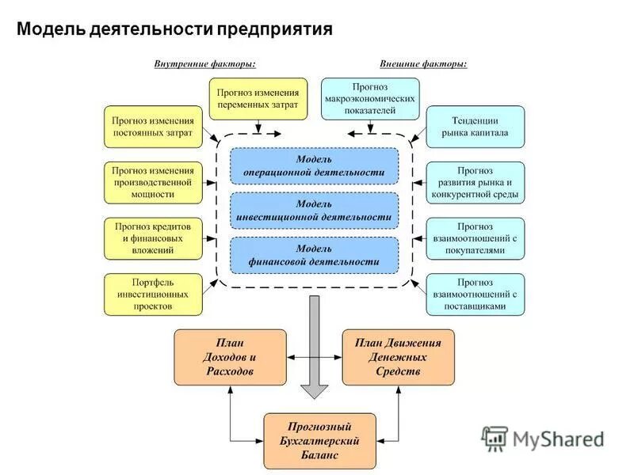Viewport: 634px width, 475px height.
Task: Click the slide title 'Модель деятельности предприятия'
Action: tap(174, 30)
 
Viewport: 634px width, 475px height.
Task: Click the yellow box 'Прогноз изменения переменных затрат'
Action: tap(258, 98)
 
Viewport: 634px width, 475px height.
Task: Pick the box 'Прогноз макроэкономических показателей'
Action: tap(370, 98)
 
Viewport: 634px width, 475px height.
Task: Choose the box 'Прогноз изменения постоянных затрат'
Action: tap(153, 127)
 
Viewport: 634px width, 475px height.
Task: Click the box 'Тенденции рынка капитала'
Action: tap(475, 127)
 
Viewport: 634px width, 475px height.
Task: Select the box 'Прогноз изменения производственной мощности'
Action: tap(153, 182)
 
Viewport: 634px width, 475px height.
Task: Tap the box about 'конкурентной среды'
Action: tap(475, 182)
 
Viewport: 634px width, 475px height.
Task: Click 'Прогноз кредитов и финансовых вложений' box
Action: tap(153, 238)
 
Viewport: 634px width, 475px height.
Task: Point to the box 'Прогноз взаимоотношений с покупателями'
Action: tap(475, 238)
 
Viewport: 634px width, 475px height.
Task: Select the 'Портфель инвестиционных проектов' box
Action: tap(153, 294)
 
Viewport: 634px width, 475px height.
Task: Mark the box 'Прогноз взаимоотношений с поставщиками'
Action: tap(475, 294)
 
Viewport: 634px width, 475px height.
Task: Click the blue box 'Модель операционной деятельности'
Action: tap(314, 166)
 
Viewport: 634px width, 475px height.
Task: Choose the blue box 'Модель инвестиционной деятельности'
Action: tap(314, 211)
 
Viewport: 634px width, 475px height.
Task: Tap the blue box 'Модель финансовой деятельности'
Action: tap(314, 255)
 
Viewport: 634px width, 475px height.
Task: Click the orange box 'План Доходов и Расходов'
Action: tap(230, 357)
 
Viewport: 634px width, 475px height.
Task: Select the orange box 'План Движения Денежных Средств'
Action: tap(398, 357)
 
